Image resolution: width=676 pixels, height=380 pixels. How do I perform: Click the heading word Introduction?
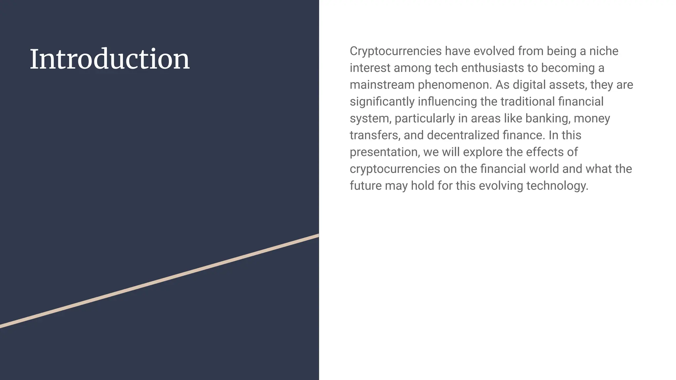coord(110,59)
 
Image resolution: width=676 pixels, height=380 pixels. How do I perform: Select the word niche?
coord(604,51)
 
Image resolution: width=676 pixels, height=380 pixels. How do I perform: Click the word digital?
coord(529,85)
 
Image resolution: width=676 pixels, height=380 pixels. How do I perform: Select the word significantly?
coord(382,102)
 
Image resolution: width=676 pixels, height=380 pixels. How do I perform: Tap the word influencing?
coord(447,102)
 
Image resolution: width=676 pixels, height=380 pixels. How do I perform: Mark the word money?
coord(592,118)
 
